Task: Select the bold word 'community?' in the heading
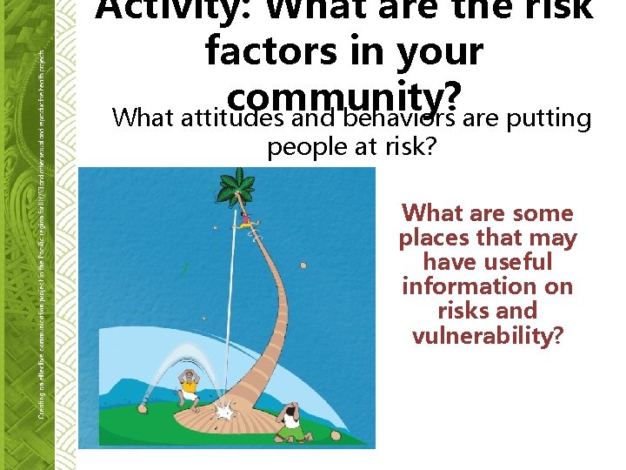344,95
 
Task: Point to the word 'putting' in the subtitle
549,117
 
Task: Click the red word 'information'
487,286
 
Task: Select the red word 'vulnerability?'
488,335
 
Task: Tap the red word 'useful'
487,262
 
